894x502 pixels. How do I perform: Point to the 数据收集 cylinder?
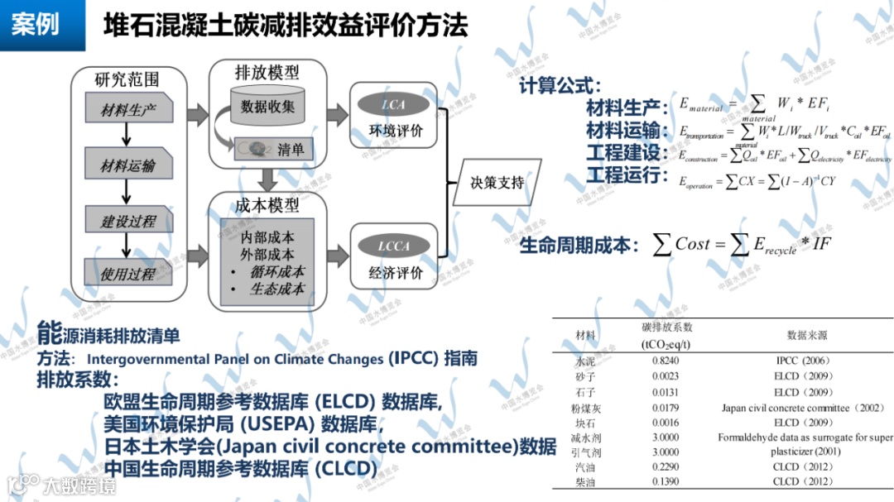(x=267, y=107)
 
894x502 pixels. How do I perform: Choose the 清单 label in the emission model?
(x=291, y=150)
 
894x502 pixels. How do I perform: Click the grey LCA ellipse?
(x=393, y=105)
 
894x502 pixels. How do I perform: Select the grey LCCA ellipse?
(x=393, y=246)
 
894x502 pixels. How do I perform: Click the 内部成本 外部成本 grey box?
(x=267, y=261)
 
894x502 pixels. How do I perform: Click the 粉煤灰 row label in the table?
(x=585, y=408)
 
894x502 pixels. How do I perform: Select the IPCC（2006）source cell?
(x=803, y=361)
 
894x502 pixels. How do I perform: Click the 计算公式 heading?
(x=560, y=85)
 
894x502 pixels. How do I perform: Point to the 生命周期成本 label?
(x=579, y=245)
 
